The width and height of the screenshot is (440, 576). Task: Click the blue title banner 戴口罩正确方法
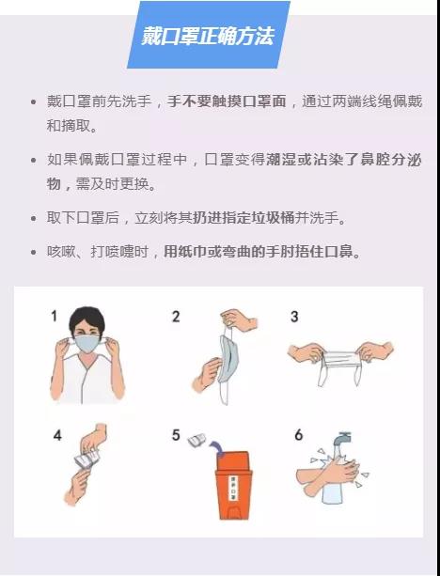pyautogui.click(x=209, y=35)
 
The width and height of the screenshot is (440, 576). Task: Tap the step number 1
pyautogui.click(x=55, y=316)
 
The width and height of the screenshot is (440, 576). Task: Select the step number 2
pyautogui.click(x=176, y=317)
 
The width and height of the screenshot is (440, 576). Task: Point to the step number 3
pyautogui.click(x=294, y=317)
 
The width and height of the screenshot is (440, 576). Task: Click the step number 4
pyautogui.click(x=57, y=435)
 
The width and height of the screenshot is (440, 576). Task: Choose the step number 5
pyautogui.click(x=176, y=435)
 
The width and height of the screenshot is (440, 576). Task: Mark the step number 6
pyautogui.click(x=298, y=435)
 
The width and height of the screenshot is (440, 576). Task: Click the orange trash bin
pyautogui.click(x=234, y=485)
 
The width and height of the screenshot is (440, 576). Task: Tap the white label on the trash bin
pyautogui.click(x=233, y=489)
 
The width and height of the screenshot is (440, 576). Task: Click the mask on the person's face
pyautogui.click(x=86, y=344)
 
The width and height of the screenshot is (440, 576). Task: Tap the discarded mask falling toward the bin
pyautogui.click(x=196, y=440)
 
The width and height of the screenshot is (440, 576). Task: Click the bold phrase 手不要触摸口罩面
pyautogui.click(x=227, y=101)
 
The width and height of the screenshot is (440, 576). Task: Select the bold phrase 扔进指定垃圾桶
pyautogui.click(x=244, y=218)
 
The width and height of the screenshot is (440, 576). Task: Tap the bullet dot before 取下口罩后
pyautogui.click(x=34, y=219)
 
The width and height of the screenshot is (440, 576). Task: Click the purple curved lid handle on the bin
pyautogui.click(x=218, y=449)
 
